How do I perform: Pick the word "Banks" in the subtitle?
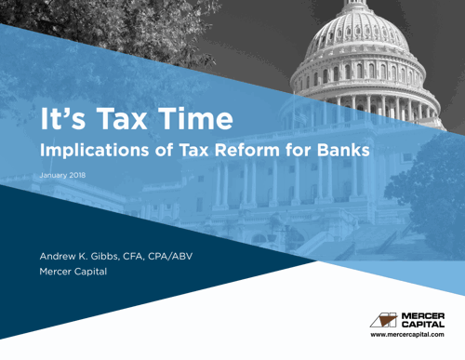tap(339, 148)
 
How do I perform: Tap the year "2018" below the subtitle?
tap(76, 176)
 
